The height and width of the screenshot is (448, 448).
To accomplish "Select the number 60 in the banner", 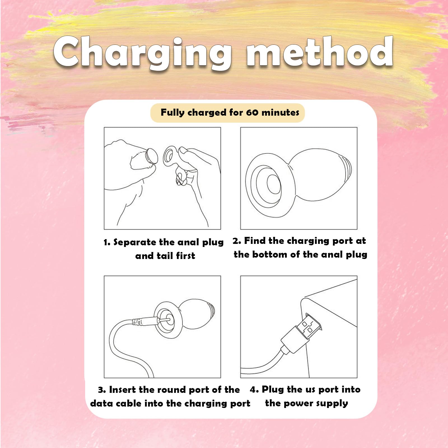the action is click(252, 113).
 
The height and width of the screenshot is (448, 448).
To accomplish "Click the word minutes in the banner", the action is click(280, 113).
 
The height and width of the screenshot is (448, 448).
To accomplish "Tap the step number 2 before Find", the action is click(237, 241).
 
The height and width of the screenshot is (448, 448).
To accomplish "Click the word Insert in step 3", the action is click(122, 389).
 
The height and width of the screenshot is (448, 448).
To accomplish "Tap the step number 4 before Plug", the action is click(254, 389).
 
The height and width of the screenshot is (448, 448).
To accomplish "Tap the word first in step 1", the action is click(185, 256).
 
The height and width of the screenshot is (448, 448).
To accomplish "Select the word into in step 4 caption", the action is click(351, 389).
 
